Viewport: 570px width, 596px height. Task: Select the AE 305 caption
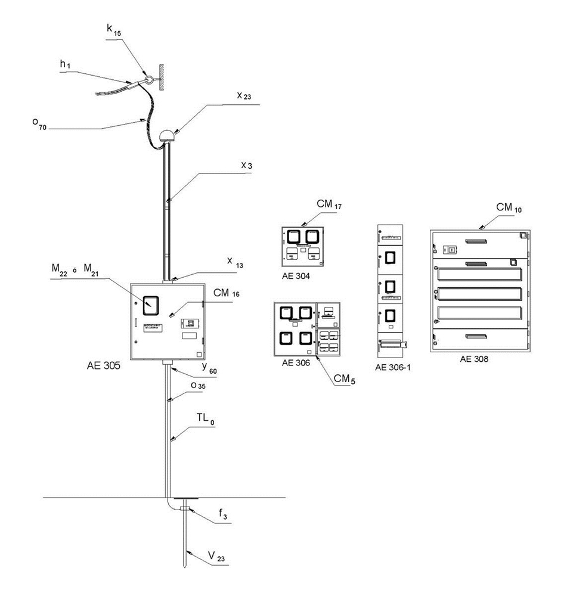[x=104, y=365]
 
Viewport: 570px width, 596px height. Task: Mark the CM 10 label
[x=509, y=208]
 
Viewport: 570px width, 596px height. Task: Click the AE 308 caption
[x=475, y=359]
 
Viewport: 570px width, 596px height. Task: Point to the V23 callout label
[x=216, y=557]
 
